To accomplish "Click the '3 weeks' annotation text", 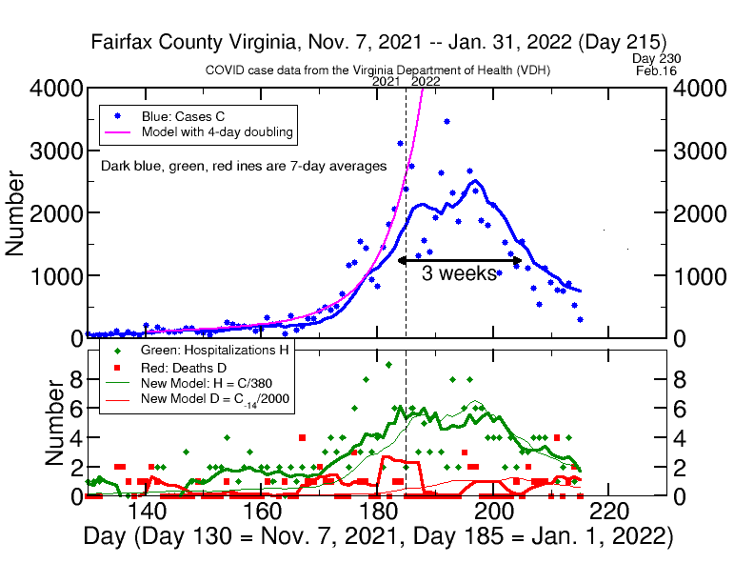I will (460, 274).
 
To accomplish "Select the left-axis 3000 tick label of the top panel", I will (48, 151).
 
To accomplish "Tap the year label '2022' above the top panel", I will (425, 81).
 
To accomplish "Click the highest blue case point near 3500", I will (446, 122).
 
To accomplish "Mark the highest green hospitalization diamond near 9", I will (388, 364).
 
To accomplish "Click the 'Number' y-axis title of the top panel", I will (16, 212).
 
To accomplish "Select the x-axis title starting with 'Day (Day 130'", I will (378, 537).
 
